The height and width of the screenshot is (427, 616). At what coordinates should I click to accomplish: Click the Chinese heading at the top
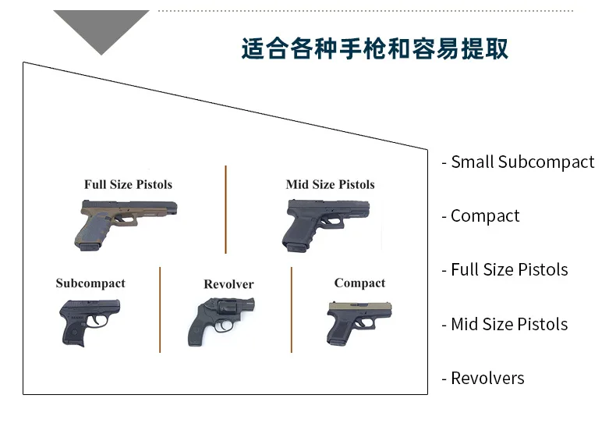coord(374,48)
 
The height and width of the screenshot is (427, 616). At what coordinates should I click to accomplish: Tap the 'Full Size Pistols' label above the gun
coord(128,185)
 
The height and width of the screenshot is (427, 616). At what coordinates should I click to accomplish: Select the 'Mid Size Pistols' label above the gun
coord(330,185)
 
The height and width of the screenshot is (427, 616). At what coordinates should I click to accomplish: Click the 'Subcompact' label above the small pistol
coord(90,283)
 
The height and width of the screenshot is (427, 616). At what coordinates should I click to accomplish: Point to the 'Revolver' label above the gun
coord(228,284)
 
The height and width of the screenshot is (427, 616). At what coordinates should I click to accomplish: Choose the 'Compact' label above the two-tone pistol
coord(359,283)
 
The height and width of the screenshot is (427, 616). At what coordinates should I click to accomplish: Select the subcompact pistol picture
coord(90,321)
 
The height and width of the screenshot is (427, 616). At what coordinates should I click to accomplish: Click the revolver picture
coord(222,320)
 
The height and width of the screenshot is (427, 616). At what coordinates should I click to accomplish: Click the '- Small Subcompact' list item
coord(518,162)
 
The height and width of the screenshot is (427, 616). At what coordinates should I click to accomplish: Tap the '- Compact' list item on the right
coord(480,216)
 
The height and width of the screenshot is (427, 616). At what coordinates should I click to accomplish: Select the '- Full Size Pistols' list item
coord(504,270)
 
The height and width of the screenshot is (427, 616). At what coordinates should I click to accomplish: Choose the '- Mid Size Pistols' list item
coord(504,324)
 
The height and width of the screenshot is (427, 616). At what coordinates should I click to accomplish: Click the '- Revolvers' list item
coord(483,379)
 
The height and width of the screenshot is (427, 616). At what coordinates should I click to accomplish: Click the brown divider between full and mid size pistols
coord(226,209)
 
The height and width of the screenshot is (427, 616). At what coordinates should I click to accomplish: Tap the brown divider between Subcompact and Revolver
coord(160,309)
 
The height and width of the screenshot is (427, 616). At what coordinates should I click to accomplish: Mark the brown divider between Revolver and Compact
coord(292,309)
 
